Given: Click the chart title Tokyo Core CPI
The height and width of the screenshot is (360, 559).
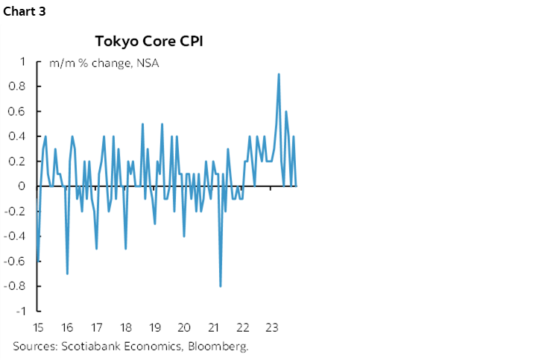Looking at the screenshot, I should pos(148,40).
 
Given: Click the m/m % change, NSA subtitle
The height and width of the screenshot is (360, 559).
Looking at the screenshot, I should pos(104,63).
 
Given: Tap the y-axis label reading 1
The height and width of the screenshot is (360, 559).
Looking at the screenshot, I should pos(24,62).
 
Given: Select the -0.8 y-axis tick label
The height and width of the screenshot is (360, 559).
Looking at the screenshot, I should pos(18,286).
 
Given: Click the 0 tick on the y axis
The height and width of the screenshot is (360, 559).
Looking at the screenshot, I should pos(24,186).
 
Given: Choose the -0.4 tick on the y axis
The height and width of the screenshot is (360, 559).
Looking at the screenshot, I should pos(18,236).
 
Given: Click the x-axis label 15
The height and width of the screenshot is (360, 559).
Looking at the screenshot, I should pos(36,327).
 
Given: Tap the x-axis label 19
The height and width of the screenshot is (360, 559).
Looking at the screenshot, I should pos(155,327).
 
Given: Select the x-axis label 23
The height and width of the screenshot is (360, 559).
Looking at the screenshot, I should pos(272,327).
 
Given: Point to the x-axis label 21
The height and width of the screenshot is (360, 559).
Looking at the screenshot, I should pos(214,327).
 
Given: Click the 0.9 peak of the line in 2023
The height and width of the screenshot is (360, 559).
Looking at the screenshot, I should pos(279,74).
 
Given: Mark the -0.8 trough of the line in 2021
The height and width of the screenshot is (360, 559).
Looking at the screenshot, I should pos(221,285).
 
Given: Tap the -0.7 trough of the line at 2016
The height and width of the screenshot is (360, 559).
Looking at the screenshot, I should pos(67,274).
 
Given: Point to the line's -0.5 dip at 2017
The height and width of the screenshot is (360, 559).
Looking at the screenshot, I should pos(97,248).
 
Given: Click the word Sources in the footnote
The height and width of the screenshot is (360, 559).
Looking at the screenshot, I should pos(33,347).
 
